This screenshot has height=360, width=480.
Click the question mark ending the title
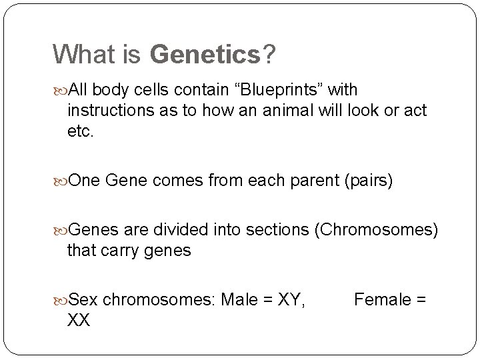(269, 55)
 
